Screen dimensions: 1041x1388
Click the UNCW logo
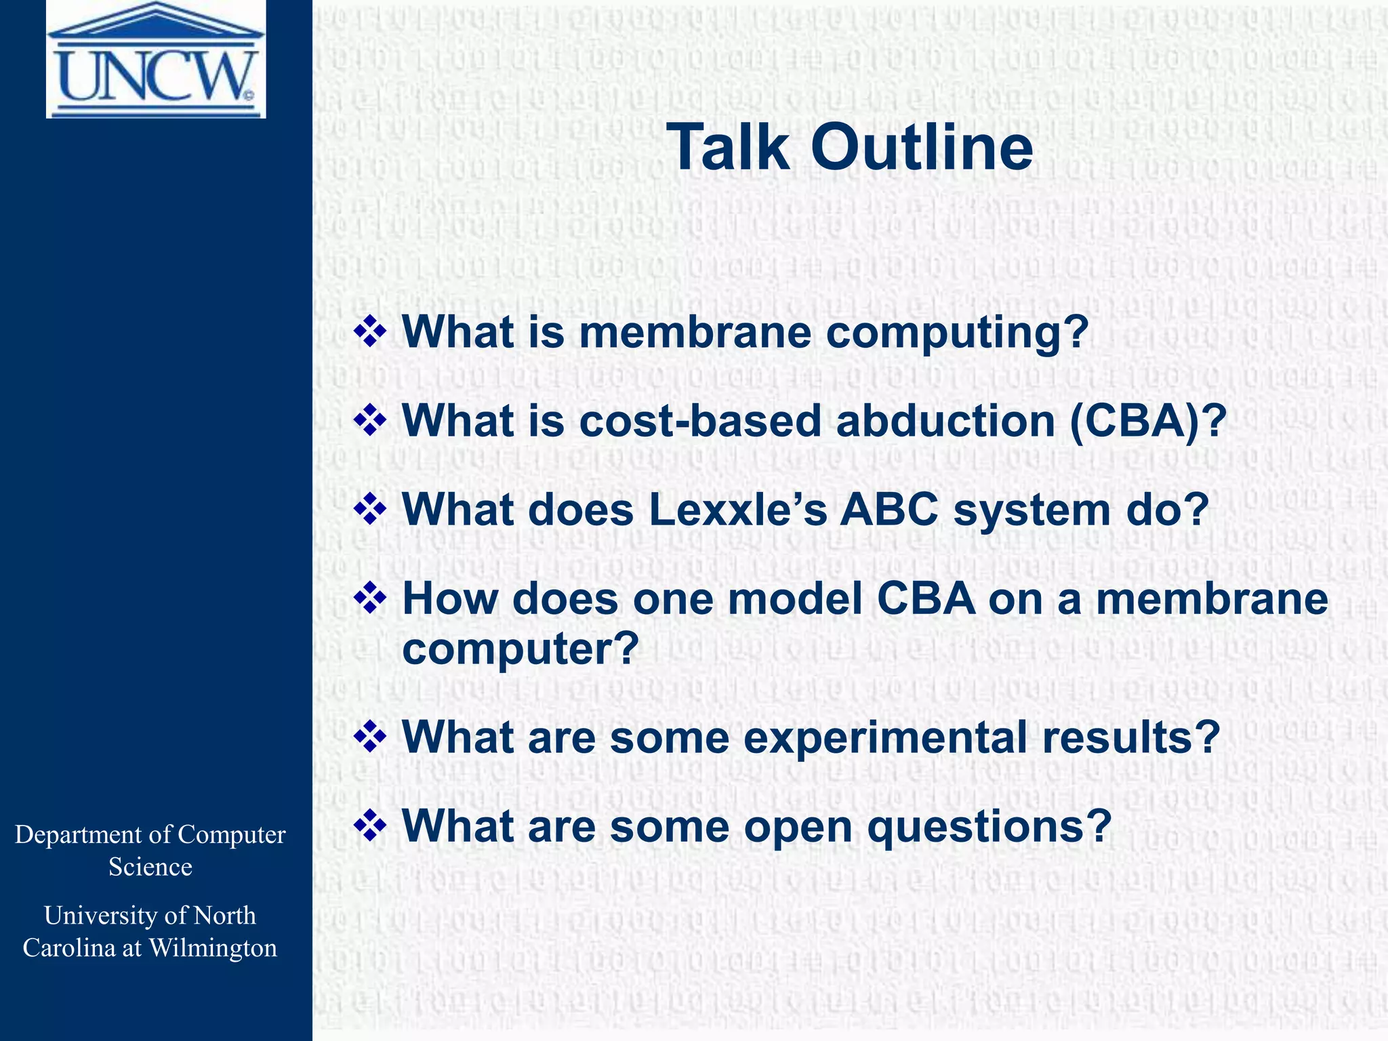point(156,60)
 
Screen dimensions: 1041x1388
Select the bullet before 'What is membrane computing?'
point(370,333)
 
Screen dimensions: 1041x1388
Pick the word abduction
point(946,421)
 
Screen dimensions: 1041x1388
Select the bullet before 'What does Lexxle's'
point(370,510)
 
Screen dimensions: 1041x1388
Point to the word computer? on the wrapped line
point(520,649)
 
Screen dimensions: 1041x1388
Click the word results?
point(1131,737)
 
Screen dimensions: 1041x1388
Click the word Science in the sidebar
point(150,867)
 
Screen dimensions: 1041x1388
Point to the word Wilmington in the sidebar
point(213,947)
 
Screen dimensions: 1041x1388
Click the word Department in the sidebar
point(79,835)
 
